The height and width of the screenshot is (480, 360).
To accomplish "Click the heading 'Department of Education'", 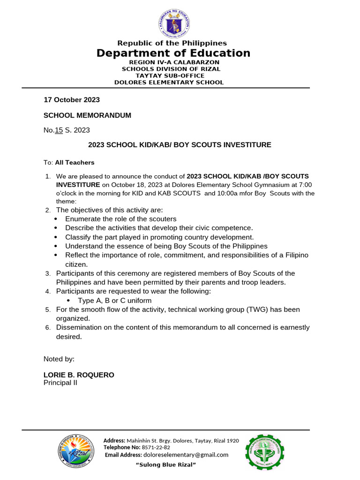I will click(173, 53).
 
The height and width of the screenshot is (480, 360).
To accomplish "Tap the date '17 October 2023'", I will click(72, 100).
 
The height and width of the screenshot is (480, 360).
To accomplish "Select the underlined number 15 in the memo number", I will click(59, 130).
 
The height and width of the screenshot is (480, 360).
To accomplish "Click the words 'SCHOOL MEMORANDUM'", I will click(87, 115).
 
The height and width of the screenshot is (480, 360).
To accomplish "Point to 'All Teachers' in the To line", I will click(75, 163).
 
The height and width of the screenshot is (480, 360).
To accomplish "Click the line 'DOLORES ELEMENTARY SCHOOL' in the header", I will click(169, 82).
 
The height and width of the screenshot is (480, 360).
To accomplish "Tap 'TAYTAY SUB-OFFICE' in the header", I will click(170, 75).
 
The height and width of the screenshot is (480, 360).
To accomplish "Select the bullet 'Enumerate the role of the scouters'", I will click(121, 219).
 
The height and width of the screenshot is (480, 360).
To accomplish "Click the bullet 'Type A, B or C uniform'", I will click(115, 300).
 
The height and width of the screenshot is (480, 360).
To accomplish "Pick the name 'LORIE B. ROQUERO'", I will click(79, 375).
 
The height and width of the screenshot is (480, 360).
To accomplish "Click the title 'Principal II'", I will click(60, 382).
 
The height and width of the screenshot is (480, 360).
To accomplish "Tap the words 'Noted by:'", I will click(59, 359).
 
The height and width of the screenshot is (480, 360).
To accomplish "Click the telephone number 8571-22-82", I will click(156, 448).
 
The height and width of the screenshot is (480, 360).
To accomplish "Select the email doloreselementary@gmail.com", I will click(186, 455).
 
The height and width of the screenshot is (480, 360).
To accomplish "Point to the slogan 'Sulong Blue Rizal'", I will click(165, 465).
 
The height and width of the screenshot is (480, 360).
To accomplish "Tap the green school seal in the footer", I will click(265, 452).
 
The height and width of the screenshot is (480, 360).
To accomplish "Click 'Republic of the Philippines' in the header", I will click(172, 43).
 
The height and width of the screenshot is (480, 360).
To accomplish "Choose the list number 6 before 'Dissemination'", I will click(48, 328).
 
